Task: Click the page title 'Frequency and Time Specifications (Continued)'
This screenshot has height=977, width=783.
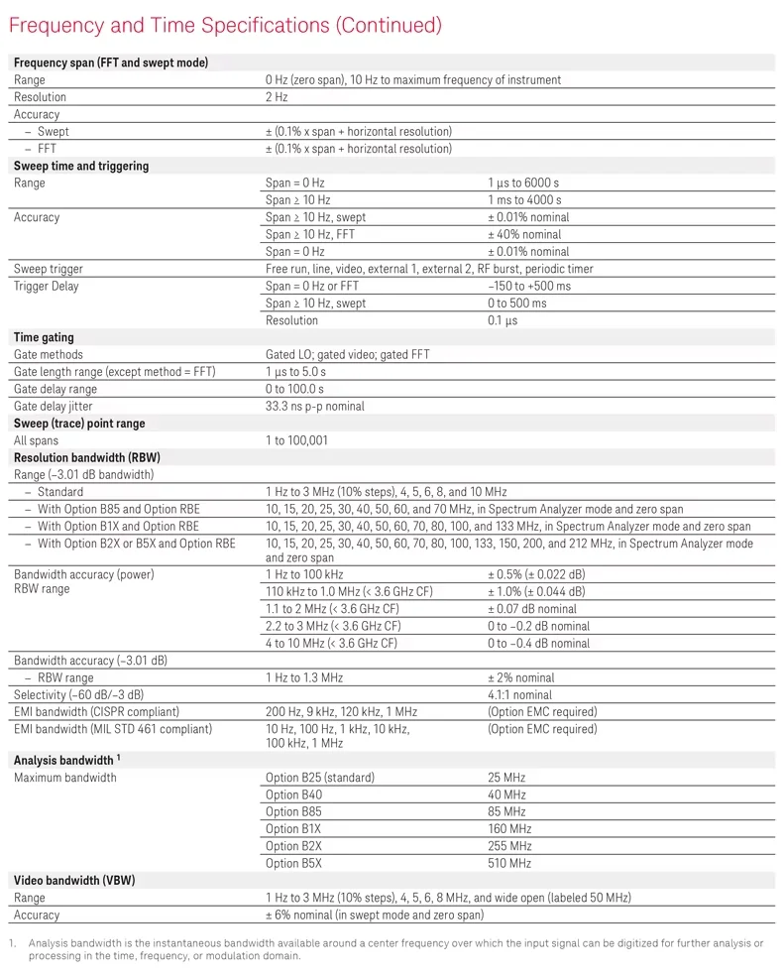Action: pos(225,25)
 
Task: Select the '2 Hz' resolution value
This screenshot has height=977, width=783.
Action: pos(277,97)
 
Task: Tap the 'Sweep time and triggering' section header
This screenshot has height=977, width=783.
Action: pos(81,166)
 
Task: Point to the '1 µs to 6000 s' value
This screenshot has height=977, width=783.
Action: pos(523,183)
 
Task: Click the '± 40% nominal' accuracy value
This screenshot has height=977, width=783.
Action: pos(524,235)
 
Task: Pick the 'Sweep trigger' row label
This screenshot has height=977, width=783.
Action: pos(49,269)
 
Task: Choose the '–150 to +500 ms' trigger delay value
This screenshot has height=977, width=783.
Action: pos(529,287)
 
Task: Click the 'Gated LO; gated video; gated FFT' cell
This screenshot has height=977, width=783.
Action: pos(347,355)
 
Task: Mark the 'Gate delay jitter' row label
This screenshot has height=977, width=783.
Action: pos(56,406)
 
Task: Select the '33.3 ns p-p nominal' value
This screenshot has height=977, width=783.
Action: pos(315,406)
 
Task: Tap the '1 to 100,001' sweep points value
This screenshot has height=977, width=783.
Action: pos(296,440)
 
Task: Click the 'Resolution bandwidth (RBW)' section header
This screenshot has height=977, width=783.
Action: pos(87,457)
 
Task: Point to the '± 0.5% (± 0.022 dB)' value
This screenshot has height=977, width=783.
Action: pos(536,575)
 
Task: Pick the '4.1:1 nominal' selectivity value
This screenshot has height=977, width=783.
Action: pos(520,695)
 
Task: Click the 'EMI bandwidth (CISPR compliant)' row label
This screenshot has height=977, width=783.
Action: pos(97,712)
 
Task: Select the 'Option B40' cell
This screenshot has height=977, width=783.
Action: pos(294,794)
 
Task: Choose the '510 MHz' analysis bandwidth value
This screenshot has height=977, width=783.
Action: pos(509,863)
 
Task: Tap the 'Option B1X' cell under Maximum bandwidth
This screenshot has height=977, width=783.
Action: pos(293,829)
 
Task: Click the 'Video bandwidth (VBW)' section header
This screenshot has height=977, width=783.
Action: pos(75,880)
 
